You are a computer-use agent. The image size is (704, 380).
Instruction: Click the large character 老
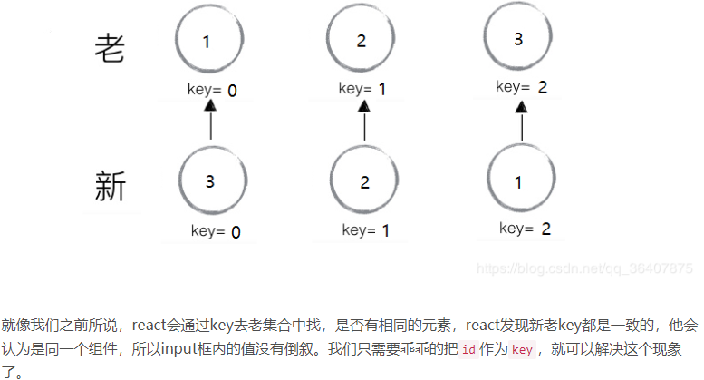(x=111, y=47)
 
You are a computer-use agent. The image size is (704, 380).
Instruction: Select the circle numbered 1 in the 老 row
(x=207, y=42)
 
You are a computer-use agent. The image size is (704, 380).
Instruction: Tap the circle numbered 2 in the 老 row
(x=362, y=42)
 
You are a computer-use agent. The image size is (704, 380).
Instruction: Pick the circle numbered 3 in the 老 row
(x=518, y=39)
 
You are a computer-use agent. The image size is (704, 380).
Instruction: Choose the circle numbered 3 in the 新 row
(x=210, y=181)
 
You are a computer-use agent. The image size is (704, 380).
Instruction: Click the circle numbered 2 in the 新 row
(x=364, y=182)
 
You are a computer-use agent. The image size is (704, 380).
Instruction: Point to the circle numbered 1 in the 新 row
(x=518, y=182)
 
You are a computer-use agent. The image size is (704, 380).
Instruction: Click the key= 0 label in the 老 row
(x=210, y=90)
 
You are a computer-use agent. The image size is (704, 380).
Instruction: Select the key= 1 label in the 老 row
(x=364, y=89)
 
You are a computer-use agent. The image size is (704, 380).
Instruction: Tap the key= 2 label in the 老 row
(x=522, y=87)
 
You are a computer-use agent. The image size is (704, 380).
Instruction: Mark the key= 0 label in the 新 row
(x=216, y=231)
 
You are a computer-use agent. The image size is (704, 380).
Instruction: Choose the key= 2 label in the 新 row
(x=526, y=229)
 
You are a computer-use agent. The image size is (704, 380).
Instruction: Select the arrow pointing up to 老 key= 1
(x=364, y=120)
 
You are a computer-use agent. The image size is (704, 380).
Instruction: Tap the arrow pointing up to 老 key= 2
(x=522, y=120)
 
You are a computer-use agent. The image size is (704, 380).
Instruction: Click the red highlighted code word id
(x=468, y=350)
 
